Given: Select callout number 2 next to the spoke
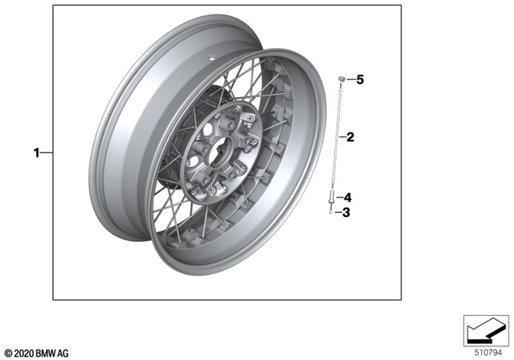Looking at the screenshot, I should tap(350, 137).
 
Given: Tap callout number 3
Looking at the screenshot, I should tap(347, 213).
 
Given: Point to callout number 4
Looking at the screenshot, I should tap(349, 197).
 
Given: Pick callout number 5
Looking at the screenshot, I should tap(360, 80).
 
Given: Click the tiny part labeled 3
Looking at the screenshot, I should tap(331, 213).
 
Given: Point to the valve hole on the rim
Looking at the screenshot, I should tap(210, 59).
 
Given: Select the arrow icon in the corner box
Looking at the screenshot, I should tap(484, 329).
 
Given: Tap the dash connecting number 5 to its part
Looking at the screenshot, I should tap(351, 80).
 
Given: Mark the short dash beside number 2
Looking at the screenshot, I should tap(342, 137).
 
